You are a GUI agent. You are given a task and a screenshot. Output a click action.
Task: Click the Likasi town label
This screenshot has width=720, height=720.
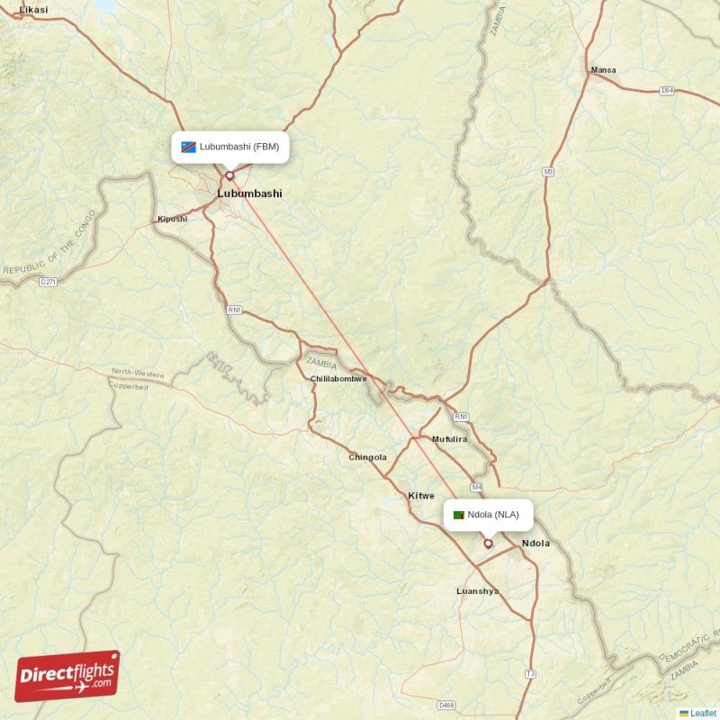coord(33,9)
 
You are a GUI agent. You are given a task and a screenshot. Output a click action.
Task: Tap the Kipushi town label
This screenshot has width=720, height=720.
coord(173,219)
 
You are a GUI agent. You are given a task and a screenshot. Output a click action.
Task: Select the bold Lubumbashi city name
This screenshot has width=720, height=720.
coord(249,193)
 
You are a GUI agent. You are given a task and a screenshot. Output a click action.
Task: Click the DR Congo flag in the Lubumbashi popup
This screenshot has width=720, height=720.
coord(188,147)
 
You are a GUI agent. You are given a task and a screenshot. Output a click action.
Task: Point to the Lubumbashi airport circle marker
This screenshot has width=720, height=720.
coord(229,175)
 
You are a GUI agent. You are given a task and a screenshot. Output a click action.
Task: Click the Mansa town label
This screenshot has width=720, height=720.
coord(603,69)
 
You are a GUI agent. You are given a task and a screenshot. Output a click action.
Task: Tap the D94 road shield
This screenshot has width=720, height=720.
coord(667,90)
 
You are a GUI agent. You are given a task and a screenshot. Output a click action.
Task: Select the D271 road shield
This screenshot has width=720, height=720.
coord(49,282)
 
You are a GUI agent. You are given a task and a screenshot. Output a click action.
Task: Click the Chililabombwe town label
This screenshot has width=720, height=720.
coord(338,379)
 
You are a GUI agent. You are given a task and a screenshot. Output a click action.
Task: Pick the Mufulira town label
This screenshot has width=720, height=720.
coord(450,439)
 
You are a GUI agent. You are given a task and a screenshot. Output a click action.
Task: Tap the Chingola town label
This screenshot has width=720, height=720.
coord(367,457)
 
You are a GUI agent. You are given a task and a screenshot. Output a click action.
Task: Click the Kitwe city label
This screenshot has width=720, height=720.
coord(421,496)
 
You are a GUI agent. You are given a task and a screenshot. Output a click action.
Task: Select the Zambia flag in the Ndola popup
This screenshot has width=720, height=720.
coord(459,515)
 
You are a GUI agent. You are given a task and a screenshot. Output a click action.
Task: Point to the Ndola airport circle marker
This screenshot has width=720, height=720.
coord(489,544)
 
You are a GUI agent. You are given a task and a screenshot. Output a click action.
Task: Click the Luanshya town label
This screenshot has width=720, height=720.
coord(478,591)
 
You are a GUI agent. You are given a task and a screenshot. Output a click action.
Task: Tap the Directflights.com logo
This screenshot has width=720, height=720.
coord(67,676)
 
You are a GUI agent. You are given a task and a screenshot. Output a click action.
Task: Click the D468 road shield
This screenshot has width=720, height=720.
coord(446,705)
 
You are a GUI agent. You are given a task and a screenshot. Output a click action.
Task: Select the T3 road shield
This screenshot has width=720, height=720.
coord(530,673)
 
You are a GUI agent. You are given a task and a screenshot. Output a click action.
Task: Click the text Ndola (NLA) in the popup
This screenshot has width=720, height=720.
coord(493,515)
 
